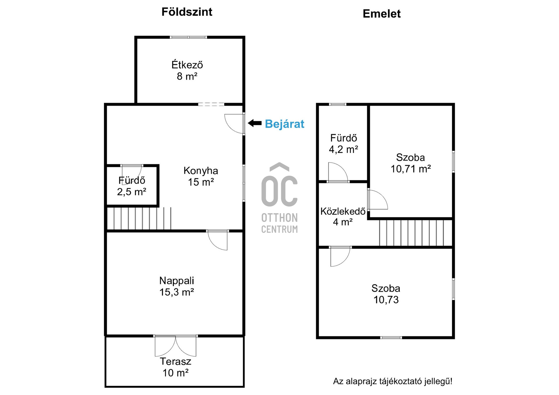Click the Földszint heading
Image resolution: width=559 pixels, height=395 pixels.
(187, 12)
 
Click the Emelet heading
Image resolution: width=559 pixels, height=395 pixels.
(382, 14)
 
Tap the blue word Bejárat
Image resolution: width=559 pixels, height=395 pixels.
(284, 124)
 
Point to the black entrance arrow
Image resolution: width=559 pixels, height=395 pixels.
(255, 123)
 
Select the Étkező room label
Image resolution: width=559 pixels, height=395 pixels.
(187, 70)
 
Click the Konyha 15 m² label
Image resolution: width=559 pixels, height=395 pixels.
(201, 176)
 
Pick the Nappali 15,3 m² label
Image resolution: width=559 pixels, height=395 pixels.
(177, 286)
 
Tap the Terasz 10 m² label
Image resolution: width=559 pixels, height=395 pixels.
(176, 367)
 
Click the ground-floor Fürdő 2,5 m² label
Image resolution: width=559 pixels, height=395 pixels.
(132, 186)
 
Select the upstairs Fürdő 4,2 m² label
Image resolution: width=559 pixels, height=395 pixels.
(344, 144)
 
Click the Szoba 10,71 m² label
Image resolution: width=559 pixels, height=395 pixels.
(411, 163)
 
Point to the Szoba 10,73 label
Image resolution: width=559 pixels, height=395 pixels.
(386, 294)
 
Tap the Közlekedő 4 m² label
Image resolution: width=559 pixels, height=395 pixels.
(343, 216)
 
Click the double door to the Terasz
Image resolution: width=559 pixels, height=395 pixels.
(176, 346)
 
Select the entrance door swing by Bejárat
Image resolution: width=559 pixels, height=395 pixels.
(235, 124)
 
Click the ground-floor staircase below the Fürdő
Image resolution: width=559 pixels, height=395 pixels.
(139, 218)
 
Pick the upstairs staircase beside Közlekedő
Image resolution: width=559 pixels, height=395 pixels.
(415, 233)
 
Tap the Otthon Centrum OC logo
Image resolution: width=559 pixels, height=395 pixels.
(279, 198)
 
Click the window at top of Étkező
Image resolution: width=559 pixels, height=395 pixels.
(188, 37)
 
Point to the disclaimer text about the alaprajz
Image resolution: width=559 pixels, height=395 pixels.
(393, 381)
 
